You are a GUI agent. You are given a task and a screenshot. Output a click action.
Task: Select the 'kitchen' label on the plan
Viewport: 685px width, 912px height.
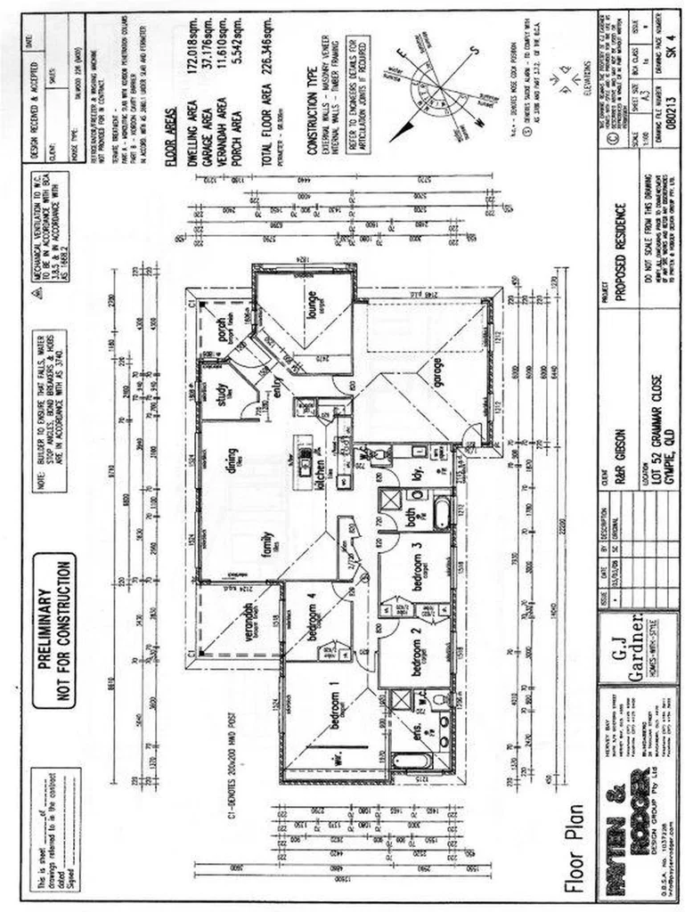pyautogui.click(x=318, y=462)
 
